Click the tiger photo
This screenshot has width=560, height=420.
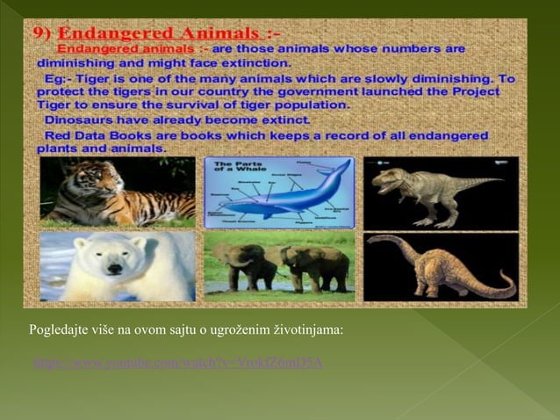click(x=117, y=192)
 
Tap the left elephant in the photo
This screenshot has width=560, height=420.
click(x=236, y=264)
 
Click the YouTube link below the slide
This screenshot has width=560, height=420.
click(x=177, y=362)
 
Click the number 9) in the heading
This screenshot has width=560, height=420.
click(x=46, y=33)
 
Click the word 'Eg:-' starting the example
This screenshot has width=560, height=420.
click(x=60, y=78)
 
